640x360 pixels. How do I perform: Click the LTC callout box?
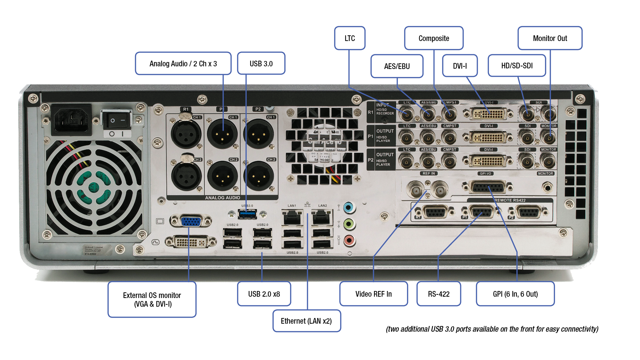[x=350, y=38]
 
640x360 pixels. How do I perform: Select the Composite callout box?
[x=434, y=38]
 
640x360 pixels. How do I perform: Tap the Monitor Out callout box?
[x=550, y=38]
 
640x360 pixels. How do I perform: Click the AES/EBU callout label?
[x=397, y=66]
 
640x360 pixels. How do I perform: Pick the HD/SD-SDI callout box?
[x=517, y=66]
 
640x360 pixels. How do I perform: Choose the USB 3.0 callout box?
[x=261, y=63]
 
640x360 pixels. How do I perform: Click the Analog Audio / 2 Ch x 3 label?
[x=183, y=63]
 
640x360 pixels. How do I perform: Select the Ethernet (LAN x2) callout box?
[x=306, y=321]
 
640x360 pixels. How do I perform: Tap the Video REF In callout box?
[x=373, y=294]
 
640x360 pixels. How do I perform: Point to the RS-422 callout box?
[x=439, y=294]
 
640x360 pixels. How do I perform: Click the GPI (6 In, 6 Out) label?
[x=515, y=294]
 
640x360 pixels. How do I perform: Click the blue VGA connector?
[x=191, y=221]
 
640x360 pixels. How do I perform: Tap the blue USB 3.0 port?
[x=248, y=214]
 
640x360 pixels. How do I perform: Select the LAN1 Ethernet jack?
[x=292, y=218]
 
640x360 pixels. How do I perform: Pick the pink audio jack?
[x=349, y=240]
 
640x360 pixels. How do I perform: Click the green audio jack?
[x=349, y=223]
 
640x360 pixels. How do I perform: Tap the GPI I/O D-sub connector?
[x=487, y=187]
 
